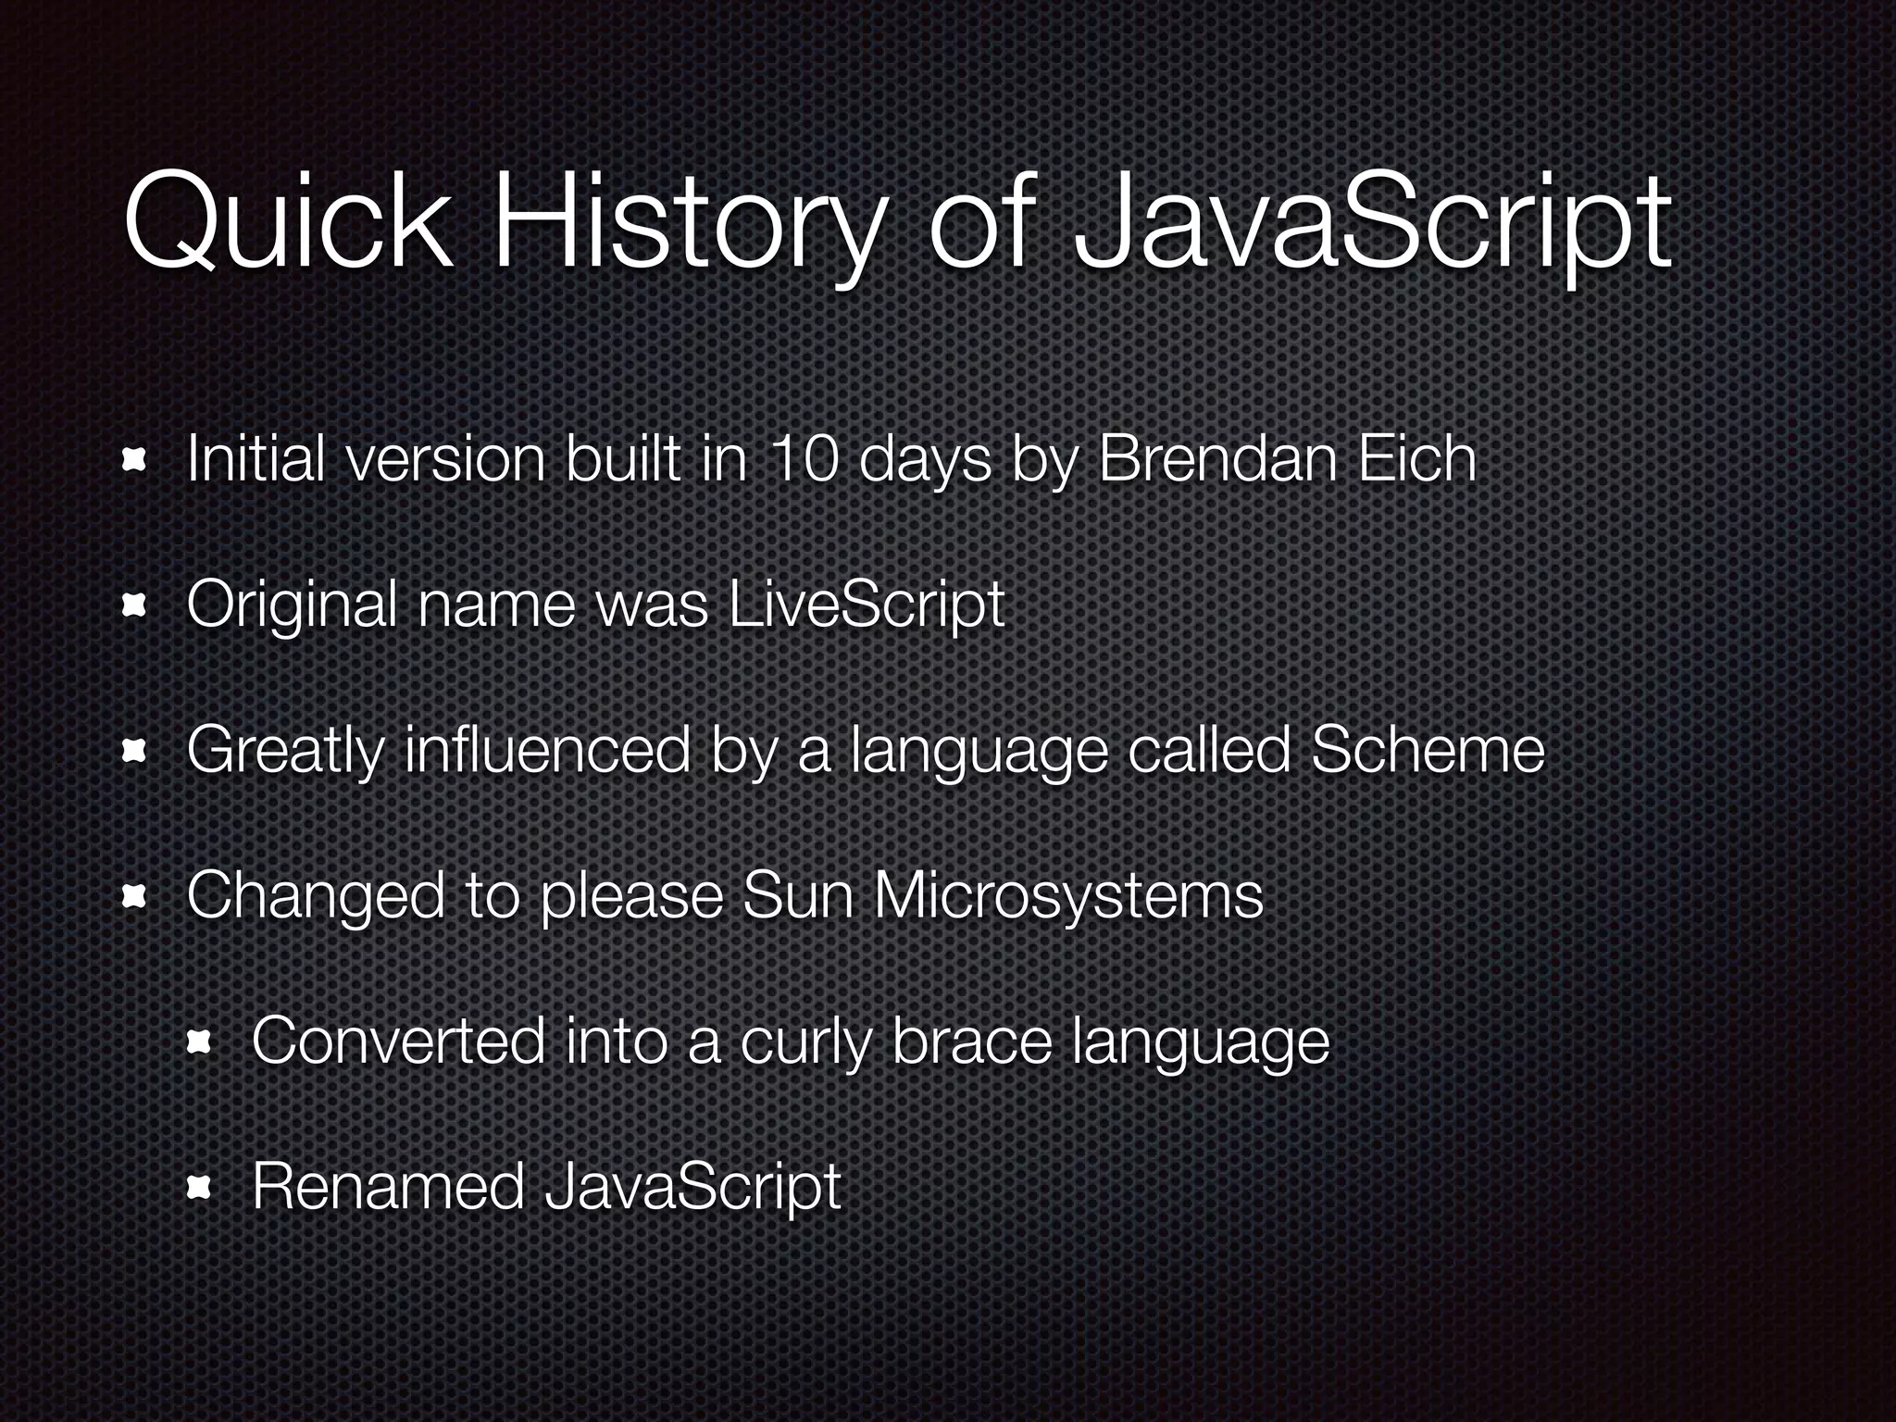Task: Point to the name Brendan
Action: point(1216,459)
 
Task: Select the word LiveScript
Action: point(866,605)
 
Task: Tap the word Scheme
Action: point(1427,750)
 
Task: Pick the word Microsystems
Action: point(1067,895)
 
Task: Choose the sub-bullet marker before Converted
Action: point(200,1042)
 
